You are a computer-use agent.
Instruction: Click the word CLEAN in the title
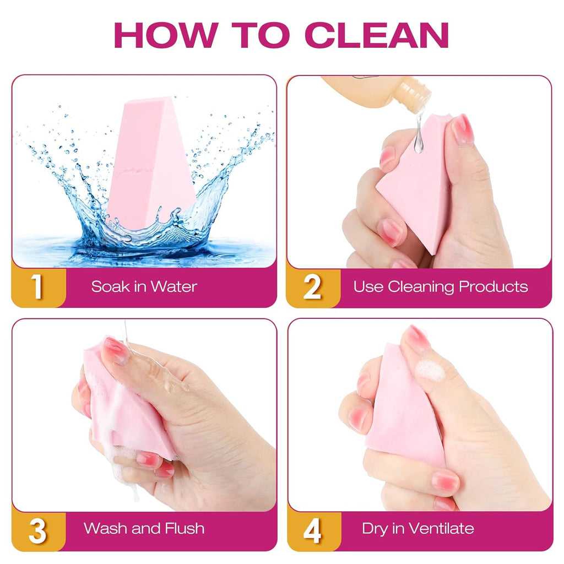tap(377, 35)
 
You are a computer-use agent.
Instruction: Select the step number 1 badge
tap(37, 286)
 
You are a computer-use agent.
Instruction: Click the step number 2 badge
tap(312, 286)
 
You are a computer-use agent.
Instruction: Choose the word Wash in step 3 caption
tap(105, 529)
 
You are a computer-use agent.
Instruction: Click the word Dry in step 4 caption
tap(375, 529)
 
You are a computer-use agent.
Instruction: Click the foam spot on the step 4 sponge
tap(430, 371)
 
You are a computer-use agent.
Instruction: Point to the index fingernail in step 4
tap(417, 339)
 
